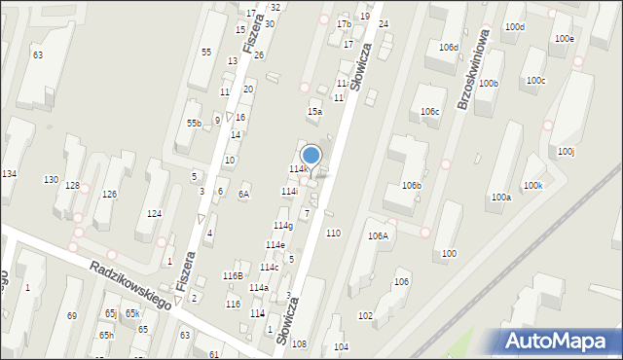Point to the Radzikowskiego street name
pos(128,284)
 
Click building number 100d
pos(514,26)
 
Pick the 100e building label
pos(564,39)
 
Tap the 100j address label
pos(566,152)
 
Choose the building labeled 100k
pos(531,185)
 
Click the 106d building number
pos(448,47)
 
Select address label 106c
pos(429,112)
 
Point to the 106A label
pos(378,235)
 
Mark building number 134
pos(9,173)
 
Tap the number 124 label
pos(153,213)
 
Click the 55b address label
pos(194,124)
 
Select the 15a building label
pos(314,112)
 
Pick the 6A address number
pos(243,194)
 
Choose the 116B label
pos(232,276)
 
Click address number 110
pos(333,233)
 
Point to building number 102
pos(365,316)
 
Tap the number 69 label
pos(71,316)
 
